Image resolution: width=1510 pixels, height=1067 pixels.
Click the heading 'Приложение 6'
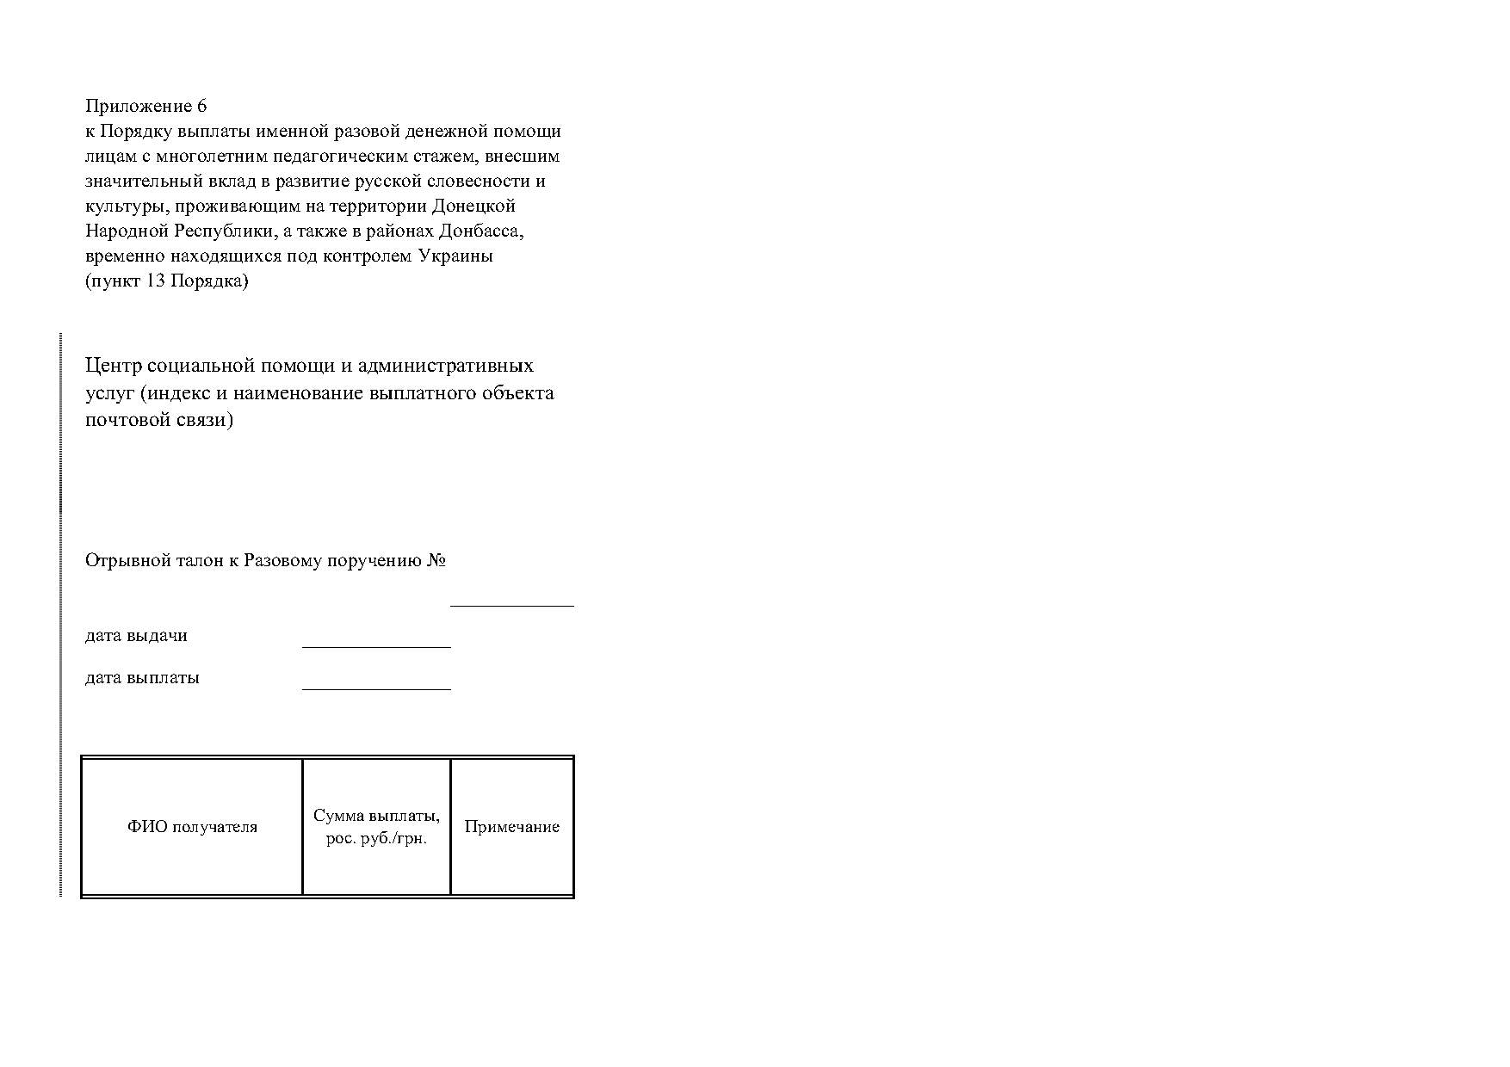pyautogui.click(x=145, y=107)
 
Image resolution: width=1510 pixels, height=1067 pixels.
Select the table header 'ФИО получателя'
pyautogui.click(x=192, y=827)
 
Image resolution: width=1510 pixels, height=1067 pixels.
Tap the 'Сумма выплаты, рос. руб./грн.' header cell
pyautogui.click(x=376, y=827)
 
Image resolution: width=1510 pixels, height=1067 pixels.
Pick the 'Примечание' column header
pyautogui.click(x=511, y=827)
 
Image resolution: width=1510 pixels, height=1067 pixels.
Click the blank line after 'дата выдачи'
pyautogui.click(x=376, y=645)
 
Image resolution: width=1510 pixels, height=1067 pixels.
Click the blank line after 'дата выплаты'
pyautogui.click(x=376, y=688)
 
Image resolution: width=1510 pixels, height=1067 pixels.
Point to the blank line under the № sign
pyautogui.click(x=511, y=605)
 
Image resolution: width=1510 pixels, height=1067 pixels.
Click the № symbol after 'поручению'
pyautogui.click(x=436, y=561)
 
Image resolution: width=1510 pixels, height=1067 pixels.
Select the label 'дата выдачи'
pyautogui.click(x=136, y=636)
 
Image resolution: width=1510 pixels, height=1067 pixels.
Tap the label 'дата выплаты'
pyautogui.click(x=142, y=678)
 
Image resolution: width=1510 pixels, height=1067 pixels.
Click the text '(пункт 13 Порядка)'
pyautogui.click(x=166, y=281)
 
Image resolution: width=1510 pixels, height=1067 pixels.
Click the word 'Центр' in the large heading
pyautogui.click(x=111, y=366)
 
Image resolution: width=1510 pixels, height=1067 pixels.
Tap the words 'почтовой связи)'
pyautogui.click(x=159, y=421)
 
